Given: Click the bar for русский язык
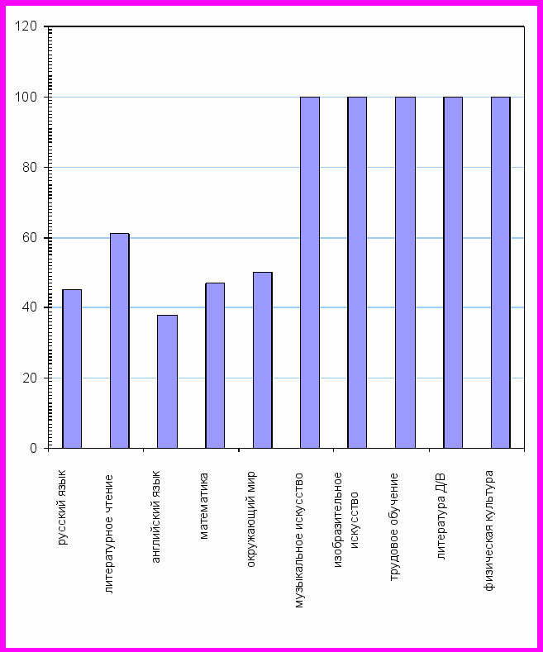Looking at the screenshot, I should [x=72, y=369].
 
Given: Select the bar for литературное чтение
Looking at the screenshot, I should [x=120, y=340].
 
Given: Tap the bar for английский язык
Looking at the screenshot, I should [x=167, y=381].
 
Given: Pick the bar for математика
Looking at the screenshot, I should [x=215, y=365].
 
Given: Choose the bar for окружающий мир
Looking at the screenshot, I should [x=263, y=360].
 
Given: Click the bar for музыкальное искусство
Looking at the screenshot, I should [x=310, y=273].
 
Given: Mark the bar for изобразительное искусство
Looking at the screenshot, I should [x=357, y=273].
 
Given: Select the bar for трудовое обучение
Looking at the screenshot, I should [x=405, y=273].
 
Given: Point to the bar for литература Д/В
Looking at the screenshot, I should [x=453, y=273].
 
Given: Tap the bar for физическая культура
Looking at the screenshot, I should [x=501, y=273].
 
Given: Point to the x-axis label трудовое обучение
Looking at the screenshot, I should [x=395, y=526].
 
